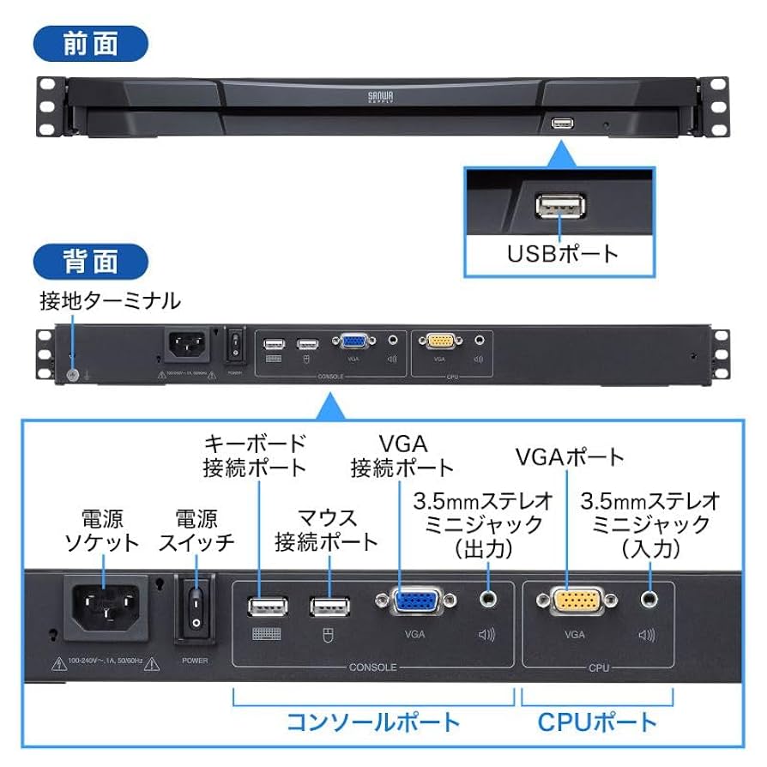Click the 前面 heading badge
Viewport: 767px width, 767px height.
tap(91, 44)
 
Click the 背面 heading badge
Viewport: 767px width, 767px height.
tap(91, 261)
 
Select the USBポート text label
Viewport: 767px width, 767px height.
tap(562, 253)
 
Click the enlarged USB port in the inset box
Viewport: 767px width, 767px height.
tap(561, 208)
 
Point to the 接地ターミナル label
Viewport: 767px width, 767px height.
tap(110, 301)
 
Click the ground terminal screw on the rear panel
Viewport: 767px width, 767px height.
tap(72, 374)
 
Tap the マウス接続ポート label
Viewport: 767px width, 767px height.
tap(326, 530)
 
